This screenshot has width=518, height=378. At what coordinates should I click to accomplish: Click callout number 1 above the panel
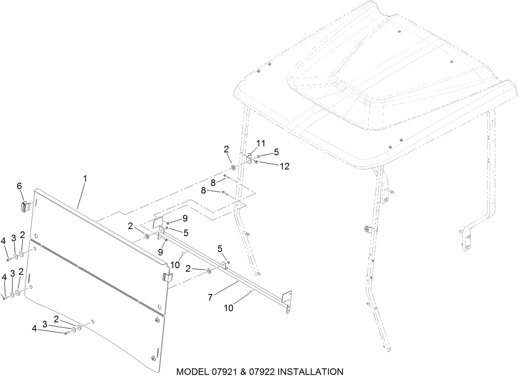pos(85,179)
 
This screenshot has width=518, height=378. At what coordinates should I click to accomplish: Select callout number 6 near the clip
pos(19,186)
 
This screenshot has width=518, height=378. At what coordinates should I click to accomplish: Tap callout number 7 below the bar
pos(210,297)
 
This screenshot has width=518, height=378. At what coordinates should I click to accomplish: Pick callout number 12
pos(285,166)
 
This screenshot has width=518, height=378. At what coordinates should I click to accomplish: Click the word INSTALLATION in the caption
pos(311,372)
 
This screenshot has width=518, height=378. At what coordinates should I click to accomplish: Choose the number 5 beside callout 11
pos(276,152)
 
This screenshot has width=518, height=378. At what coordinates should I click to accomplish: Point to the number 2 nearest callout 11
pos(226,149)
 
